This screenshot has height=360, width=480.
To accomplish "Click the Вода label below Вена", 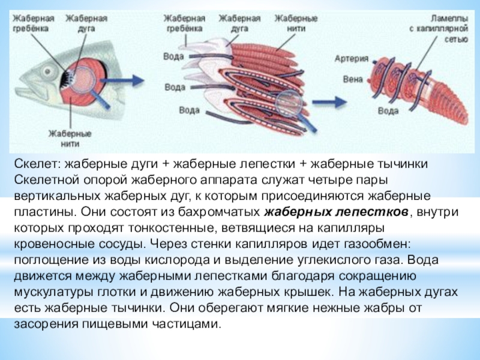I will pyautogui.click(x=388, y=110).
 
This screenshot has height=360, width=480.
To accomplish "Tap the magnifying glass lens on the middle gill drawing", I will pyautogui.click(x=289, y=102).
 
